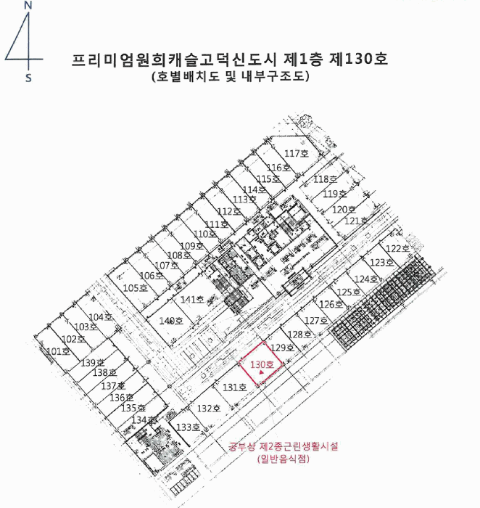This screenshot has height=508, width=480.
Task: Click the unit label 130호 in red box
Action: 261,364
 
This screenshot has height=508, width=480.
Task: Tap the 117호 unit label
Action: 297,153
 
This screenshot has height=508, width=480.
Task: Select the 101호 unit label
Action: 58,351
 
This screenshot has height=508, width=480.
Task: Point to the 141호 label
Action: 192,299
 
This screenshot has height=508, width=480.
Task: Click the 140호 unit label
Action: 170,320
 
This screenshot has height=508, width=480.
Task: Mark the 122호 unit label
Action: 397,248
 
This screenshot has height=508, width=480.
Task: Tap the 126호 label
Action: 331,304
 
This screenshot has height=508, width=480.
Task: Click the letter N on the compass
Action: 28,5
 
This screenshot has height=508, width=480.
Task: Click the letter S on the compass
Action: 28,77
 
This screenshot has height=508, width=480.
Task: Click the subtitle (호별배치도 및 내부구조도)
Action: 226,75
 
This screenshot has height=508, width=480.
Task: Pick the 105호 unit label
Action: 135,288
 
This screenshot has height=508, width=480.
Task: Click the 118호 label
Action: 326,179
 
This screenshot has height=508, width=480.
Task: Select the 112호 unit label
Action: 229,211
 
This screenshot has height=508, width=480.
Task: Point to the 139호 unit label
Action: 93,362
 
